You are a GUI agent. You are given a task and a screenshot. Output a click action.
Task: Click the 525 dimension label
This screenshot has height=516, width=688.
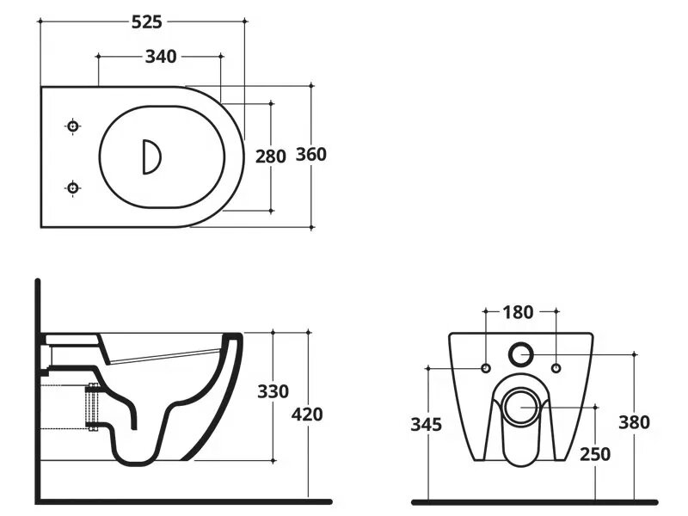pyautogui.click(x=147, y=22)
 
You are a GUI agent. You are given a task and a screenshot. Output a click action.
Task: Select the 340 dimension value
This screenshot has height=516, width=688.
pyautogui.click(x=161, y=57)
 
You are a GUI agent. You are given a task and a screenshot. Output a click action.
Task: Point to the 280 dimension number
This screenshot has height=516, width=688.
pyautogui.click(x=271, y=157)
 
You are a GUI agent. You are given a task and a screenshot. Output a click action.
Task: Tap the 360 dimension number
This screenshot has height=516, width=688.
pyautogui.click(x=311, y=155)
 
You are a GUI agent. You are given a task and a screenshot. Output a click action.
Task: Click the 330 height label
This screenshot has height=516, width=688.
pyautogui.click(x=273, y=391)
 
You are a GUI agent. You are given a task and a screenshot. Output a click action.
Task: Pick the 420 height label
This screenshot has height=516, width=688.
pyautogui.click(x=307, y=415)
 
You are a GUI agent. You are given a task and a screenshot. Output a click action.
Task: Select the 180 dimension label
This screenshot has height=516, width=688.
pyautogui.click(x=519, y=312)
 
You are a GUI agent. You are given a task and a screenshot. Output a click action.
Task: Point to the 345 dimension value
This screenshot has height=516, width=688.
pyautogui.click(x=426, y=424)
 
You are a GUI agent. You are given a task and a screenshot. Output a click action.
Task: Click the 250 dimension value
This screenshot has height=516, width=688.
pyautogui.click(x=595, y=454)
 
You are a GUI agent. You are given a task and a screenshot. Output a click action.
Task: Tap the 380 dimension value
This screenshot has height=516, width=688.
pyautogui.click(x=634, y=422)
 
